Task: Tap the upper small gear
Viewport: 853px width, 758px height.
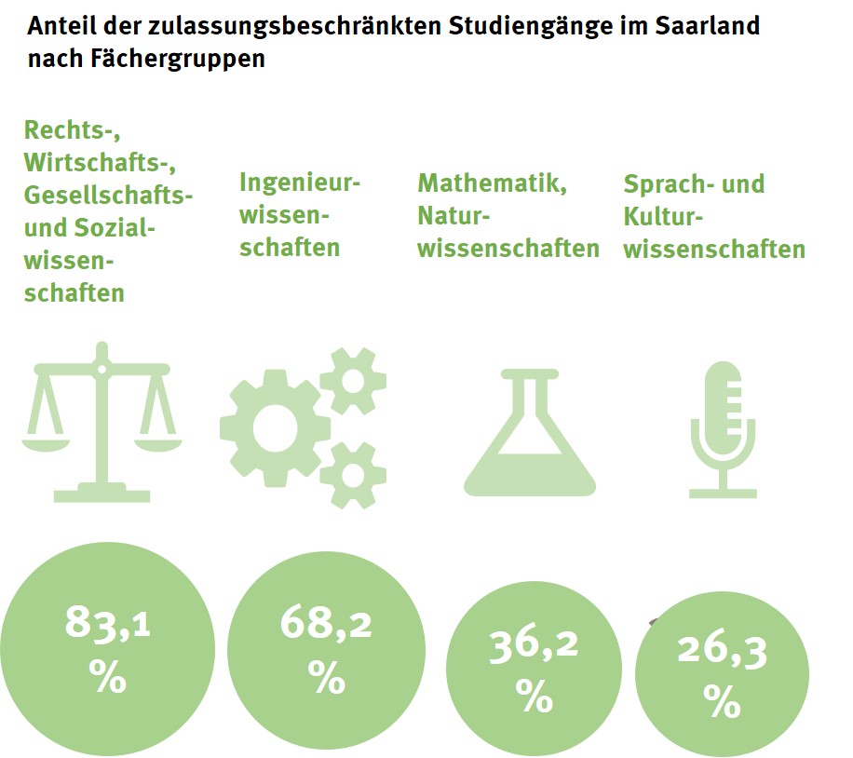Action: click(353, 379)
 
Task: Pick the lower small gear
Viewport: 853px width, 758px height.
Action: click(353, 474)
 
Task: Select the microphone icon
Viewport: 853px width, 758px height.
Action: click(723, 429)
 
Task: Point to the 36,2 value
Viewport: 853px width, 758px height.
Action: click(535, 645)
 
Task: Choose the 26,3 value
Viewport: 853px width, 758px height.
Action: click(723, 653)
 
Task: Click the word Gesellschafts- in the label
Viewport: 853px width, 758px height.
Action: click(109, 196)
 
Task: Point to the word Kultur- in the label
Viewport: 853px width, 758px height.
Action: click(662, 216)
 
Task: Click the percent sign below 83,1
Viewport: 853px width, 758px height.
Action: click(108, 677)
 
